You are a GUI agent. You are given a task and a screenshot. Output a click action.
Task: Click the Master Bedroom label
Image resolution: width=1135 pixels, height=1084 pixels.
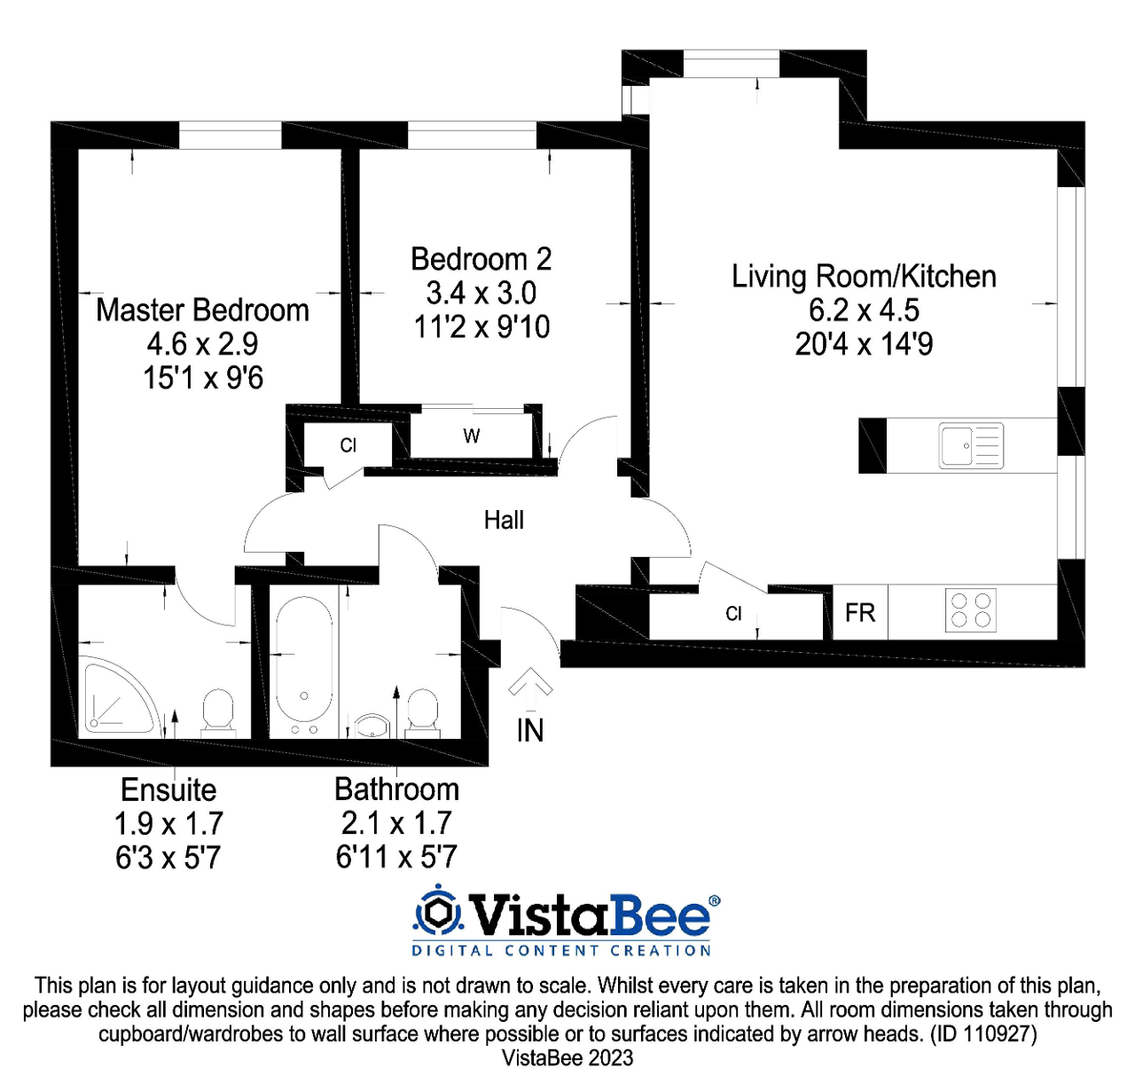(202, 310)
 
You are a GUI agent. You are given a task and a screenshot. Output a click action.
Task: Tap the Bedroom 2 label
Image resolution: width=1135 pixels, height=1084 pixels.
(481, 259)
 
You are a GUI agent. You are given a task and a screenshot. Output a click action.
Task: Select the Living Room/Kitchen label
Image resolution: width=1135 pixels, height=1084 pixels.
(864, 277)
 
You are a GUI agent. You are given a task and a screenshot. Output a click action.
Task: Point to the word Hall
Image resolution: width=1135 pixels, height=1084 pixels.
(504, 520)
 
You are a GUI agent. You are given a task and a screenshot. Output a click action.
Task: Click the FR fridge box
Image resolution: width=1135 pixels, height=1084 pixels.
(860, 613)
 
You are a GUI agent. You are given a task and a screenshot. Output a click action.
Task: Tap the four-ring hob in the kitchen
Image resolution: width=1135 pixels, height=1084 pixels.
(971, 610)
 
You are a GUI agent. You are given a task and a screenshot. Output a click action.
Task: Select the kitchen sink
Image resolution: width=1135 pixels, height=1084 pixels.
(971, 445)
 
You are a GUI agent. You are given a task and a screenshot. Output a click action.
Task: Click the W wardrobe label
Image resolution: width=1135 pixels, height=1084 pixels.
(471, 436)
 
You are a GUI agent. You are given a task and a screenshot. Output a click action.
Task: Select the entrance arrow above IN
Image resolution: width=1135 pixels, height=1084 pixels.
(530, 688)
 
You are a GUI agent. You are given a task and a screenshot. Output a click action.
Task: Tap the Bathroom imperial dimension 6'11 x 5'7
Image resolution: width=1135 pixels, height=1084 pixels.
(396, 857)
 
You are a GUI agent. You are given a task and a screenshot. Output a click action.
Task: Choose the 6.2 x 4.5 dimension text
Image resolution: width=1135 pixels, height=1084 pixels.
(864, 310)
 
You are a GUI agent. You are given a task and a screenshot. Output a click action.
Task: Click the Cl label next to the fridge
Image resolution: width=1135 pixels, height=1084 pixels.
(733, 613)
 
